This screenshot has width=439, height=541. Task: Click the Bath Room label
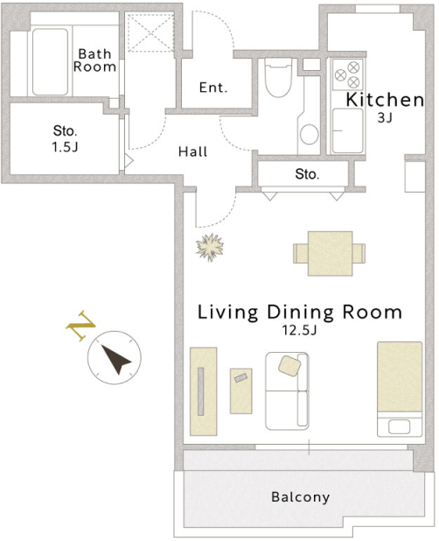coord(94,60)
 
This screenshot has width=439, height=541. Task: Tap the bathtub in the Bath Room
coord(50,62)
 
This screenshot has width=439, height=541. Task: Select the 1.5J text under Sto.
coord(65,147)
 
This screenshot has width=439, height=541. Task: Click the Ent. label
coord(213,88)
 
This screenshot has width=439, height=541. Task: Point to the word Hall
coord(192,151)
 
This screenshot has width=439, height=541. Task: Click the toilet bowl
coord(278,78)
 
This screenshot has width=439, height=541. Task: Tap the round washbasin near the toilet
coord(309,134)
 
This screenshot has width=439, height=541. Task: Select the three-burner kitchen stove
coord(347,74)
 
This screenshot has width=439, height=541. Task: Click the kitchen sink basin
coord(347,130)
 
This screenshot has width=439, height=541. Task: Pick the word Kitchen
coord(385,100)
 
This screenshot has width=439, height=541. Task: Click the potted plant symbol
coord(210,248)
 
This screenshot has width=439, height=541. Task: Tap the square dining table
coord(330,254)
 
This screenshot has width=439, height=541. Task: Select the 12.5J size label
coord(299,330)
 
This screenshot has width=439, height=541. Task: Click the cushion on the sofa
coord(289,366)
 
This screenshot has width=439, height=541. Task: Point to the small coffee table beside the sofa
coord(240,391)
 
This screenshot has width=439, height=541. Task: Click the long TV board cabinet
coord(203,391)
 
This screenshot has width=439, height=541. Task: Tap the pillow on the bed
coord(399,427)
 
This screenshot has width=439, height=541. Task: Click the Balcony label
coord(301,497)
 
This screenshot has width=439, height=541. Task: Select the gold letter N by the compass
coord(80,326)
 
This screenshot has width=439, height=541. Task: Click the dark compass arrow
coord(115,359)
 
